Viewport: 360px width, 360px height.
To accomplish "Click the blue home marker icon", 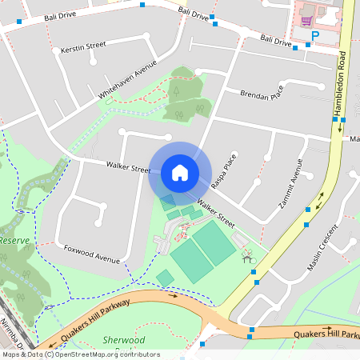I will [180, 172].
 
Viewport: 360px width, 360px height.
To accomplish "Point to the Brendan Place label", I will [262, 94].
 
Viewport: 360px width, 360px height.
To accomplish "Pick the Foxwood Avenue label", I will [91, 253].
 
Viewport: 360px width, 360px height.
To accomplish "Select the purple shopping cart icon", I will [306, 19].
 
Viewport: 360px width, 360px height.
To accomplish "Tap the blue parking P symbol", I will [315, 36].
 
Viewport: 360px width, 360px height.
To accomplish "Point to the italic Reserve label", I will [14, 240].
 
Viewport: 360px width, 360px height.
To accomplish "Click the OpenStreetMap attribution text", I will [80, 354].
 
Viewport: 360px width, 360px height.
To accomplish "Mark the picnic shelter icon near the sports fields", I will [247, 257].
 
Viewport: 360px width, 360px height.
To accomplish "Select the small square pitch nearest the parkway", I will [165, 278].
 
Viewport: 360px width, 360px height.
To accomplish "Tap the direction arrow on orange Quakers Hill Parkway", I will [172, 295].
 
